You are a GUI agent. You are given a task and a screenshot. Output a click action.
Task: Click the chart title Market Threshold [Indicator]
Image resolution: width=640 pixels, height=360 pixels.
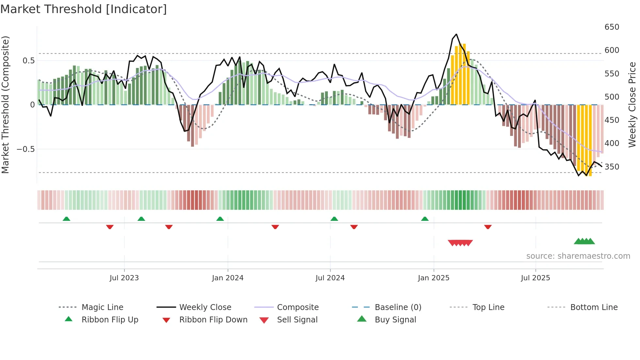coord(84,9)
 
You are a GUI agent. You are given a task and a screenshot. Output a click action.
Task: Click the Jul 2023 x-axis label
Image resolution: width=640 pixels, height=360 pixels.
coord(124,278)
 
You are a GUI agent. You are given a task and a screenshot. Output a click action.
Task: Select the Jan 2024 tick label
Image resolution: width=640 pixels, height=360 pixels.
coord(228,278)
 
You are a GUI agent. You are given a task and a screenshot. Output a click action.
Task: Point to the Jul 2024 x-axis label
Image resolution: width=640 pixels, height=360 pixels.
coord(330,278)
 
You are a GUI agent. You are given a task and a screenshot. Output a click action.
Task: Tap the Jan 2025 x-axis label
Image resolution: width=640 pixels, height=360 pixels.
coord(434,278)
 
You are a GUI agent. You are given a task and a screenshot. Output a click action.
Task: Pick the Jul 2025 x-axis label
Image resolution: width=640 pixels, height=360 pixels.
coord(536,278)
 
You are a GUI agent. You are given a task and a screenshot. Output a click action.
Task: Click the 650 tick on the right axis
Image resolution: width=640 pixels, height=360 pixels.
coord(612,27)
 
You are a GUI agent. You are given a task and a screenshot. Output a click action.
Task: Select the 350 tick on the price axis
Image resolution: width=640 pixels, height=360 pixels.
coord(612,167)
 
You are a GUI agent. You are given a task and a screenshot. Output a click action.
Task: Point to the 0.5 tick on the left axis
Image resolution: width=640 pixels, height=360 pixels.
coord(29,61)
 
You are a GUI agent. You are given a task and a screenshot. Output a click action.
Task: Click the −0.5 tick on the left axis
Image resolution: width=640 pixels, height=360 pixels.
coord(26,149)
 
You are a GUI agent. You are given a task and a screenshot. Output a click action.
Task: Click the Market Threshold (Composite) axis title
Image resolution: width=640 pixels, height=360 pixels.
coord(6,105)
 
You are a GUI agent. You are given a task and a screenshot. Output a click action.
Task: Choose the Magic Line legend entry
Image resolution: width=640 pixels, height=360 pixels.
coord(102,307)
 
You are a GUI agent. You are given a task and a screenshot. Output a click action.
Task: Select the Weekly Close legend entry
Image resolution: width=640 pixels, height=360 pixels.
coord(205,307)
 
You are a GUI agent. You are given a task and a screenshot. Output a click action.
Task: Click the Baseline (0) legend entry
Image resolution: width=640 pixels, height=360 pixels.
coord(398,307)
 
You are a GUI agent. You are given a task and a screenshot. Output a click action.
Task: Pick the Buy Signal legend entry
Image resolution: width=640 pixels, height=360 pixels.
coord(395,320)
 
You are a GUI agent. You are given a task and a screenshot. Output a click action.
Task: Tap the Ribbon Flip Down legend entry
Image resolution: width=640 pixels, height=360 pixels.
coord(213,320)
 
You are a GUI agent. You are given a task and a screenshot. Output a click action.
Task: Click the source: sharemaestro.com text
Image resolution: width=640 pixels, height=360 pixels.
coord(578,256)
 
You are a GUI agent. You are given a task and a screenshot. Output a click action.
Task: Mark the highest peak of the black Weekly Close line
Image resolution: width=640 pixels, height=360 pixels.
coord(456,34)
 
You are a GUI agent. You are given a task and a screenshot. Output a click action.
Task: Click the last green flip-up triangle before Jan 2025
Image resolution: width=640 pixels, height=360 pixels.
coord(425,219)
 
